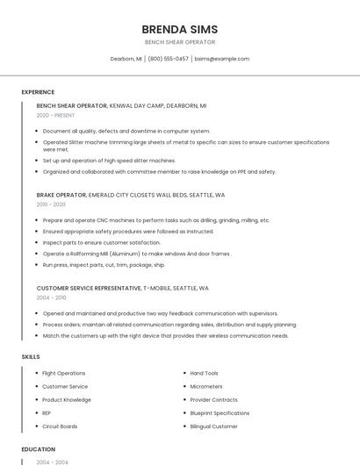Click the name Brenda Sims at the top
tap(179, 29)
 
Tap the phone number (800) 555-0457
tap(168, 59)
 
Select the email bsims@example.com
tap(222, 59)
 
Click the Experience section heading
tap(38, 92)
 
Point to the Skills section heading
tap(31, 357)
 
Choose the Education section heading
tap(39, 449)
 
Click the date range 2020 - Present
tap(55, 115)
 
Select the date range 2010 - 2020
tap(51, 204)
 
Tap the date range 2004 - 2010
tap(51, 297)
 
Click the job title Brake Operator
tap(61, 195)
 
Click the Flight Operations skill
tap(64, 373)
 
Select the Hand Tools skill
tap(204, 373)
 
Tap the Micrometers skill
tap(206, 386)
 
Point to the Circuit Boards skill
tap(60, 426)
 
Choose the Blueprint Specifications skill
tap(220, 413)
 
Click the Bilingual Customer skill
tap(213, 426)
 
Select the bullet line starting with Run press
tap(104, 264)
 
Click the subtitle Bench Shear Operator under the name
tap(179, 42)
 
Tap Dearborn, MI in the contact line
tap(126, 59)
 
